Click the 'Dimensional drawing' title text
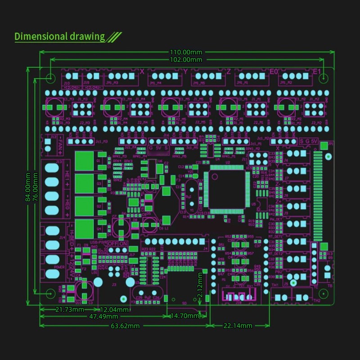(x=60, y=36)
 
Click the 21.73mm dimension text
(x=69, y=310)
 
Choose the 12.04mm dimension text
(x=114, y=310)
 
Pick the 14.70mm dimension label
(x=184, y=316)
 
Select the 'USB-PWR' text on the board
(x=99, y=243)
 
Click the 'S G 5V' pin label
(x=309, y=141)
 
